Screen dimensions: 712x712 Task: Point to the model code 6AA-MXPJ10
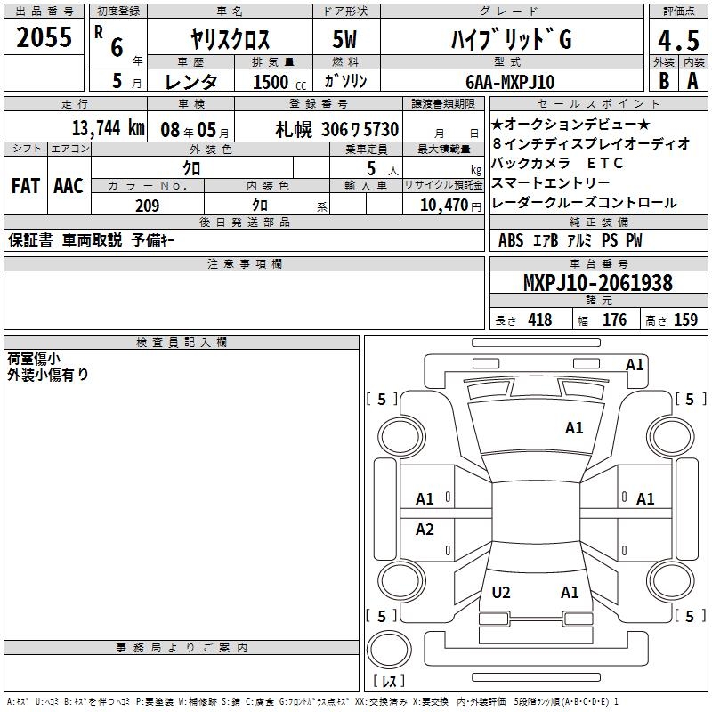point(509,82)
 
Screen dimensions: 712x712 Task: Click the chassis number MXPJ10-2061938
point(597,283)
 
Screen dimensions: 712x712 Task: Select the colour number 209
point(147,206)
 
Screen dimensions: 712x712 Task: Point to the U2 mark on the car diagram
point(501,592)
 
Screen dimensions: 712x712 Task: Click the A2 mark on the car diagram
point(425,530)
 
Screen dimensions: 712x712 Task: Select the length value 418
point(539,320)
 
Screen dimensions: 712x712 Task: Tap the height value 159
point(685,320)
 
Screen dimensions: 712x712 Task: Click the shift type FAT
point(25,186)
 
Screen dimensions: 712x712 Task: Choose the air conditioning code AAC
point(68,186)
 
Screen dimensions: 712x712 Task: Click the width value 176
point(615,320)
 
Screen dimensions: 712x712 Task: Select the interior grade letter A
point(692,80)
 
